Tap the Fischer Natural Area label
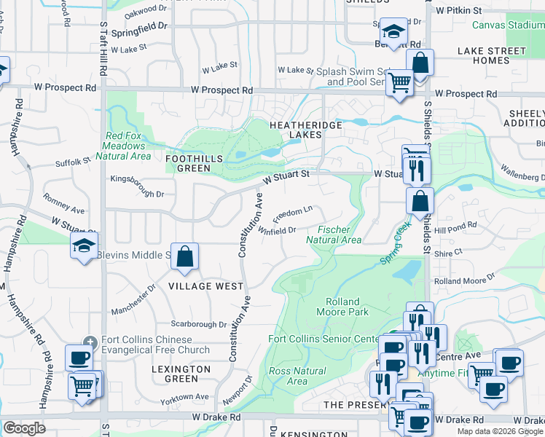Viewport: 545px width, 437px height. click(334, 235)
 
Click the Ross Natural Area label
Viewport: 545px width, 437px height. click(288, 376)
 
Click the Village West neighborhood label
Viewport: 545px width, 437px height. click(205, 286)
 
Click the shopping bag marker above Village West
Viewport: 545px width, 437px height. click(185, 257)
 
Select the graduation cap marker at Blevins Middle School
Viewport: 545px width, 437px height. click(84, 245)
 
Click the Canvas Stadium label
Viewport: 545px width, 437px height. click(508, 25)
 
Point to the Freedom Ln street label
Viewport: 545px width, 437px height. click(292, 214)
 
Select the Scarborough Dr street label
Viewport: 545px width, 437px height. click(199, 324)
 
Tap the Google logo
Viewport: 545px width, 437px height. click(24, 428)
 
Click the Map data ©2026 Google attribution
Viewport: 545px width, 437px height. click(500, 431)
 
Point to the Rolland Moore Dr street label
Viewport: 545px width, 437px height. click(464, 279)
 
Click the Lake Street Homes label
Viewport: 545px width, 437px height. click(492, 55)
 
